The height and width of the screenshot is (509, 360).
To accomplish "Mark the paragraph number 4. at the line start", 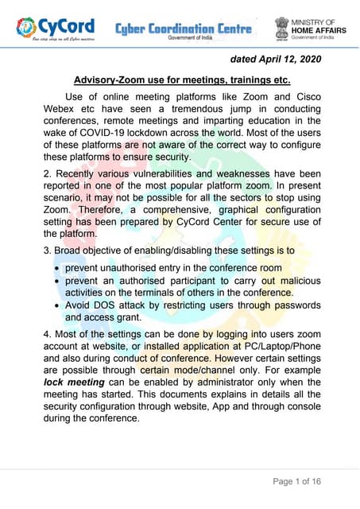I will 49,335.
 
